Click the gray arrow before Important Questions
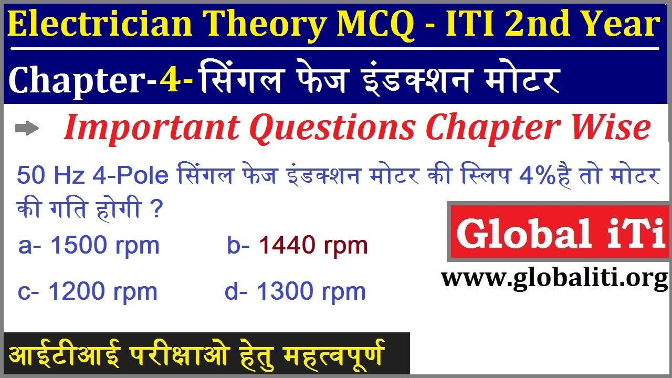click(27, 129)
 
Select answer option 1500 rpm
click(89, 246)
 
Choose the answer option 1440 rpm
click(297, 245)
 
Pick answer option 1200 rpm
click(88, 291)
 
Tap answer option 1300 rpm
click(295, 291)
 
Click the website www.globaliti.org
click(554, 278)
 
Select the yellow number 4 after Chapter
click(170, 81)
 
